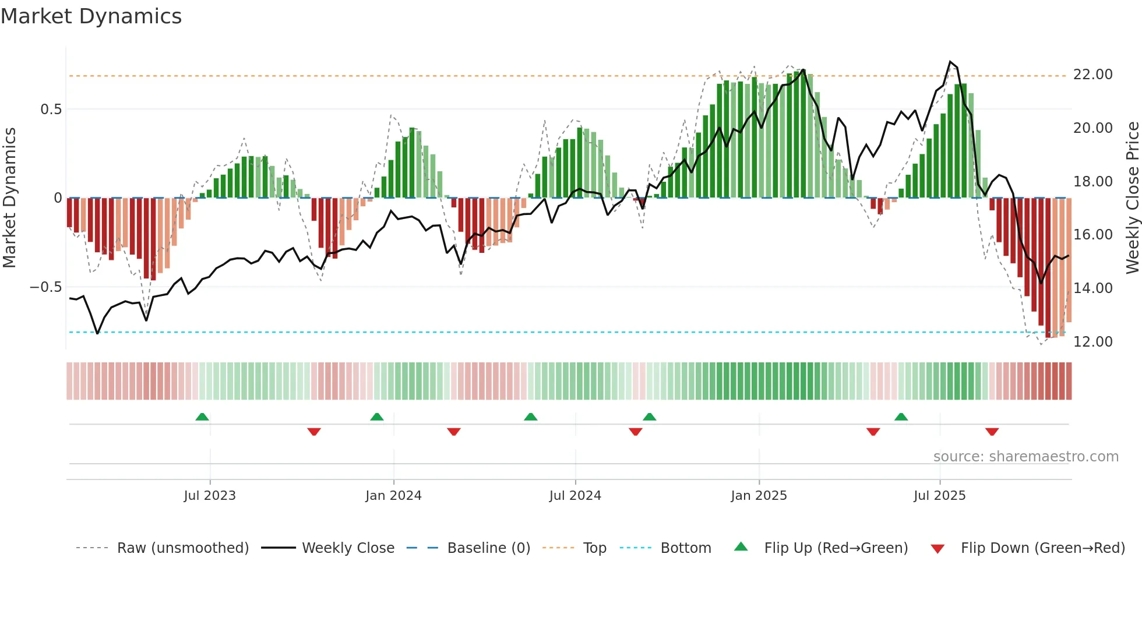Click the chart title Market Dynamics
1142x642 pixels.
91,16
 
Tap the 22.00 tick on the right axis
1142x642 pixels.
1092,75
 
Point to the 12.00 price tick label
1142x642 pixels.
1092,341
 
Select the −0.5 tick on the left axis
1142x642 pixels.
45,287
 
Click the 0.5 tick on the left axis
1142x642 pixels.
51,110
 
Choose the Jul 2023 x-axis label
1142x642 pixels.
210,496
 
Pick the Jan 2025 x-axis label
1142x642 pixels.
759,496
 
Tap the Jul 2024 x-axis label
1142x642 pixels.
575,496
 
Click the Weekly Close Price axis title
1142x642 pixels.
1132,197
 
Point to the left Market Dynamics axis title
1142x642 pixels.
9,197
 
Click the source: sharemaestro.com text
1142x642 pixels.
1025,457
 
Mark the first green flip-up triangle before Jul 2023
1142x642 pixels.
202,417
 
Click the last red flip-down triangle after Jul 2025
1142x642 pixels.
992,432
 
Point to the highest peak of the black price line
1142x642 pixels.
950,62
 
